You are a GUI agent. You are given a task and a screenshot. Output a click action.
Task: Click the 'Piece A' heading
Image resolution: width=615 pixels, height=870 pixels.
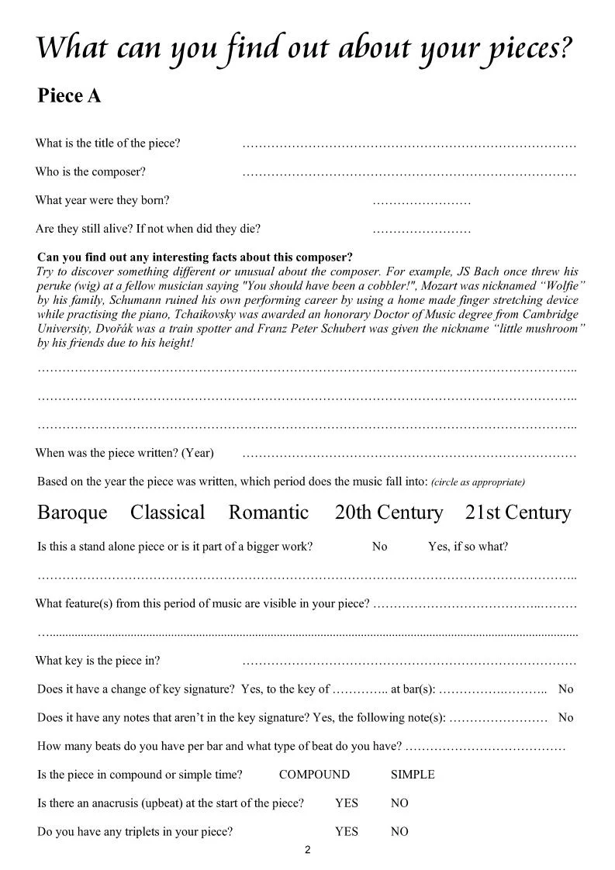(69, 96)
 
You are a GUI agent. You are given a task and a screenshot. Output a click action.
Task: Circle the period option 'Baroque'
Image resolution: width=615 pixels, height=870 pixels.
(72, 513)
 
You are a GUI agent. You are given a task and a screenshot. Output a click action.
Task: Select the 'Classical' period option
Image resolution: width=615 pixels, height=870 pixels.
(168, 513)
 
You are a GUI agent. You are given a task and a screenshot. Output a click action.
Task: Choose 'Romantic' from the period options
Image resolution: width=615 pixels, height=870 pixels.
(268, 513)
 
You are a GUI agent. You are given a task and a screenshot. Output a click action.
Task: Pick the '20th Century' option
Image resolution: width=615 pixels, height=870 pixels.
(389, 513)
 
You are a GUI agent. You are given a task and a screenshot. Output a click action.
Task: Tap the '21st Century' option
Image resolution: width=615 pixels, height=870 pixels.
(517, 513)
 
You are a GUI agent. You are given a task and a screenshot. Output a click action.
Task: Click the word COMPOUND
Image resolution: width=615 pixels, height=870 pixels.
(314, 775)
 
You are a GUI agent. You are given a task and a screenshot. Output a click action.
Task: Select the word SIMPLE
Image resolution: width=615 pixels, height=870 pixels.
(413, 775)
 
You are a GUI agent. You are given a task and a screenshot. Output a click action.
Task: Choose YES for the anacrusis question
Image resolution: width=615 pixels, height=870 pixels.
(347, 803)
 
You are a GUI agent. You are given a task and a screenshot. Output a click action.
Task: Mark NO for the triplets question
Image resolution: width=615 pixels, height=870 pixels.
(399, 832)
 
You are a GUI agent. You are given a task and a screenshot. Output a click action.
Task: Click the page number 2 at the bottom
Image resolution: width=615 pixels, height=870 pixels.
(308, 851)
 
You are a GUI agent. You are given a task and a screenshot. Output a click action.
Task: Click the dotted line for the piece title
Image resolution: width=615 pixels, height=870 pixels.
(409, 145)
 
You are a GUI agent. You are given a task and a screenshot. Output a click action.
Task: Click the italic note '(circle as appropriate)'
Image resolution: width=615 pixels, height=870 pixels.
(478, 482)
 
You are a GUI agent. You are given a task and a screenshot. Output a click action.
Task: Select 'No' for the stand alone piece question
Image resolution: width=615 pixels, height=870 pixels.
(379, 547)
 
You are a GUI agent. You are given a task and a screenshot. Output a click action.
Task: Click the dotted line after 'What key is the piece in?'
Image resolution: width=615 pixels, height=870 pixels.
(409, 663)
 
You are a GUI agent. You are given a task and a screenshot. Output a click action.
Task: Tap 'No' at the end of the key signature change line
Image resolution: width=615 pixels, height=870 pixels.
(565, 689)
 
